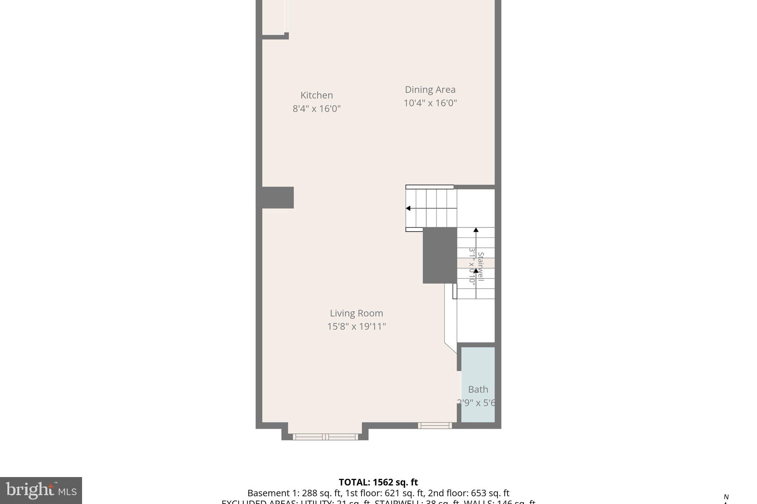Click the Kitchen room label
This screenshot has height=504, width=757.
point(316,95)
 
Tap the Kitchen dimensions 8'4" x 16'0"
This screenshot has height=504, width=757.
point(316,109)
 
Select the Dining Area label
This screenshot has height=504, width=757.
point(430,90)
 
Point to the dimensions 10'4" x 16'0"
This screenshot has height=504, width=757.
point(430,103)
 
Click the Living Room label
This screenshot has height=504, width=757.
point(356,313)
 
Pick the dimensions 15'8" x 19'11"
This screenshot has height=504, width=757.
point(356,327)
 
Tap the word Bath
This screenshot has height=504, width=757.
point(478,390)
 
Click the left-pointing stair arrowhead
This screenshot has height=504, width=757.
point(408,209)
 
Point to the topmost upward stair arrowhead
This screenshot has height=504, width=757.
point(476,230)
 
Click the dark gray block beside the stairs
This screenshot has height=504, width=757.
point(439,255)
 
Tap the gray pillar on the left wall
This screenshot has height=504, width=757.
point(278,198)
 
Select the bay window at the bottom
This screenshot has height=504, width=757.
point(325,437)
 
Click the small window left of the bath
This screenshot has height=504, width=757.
point(435,425)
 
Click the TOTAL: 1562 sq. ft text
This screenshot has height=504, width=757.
point(378,482)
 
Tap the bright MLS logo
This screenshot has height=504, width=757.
point(41,490)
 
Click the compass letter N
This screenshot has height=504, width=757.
point(726,497)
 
